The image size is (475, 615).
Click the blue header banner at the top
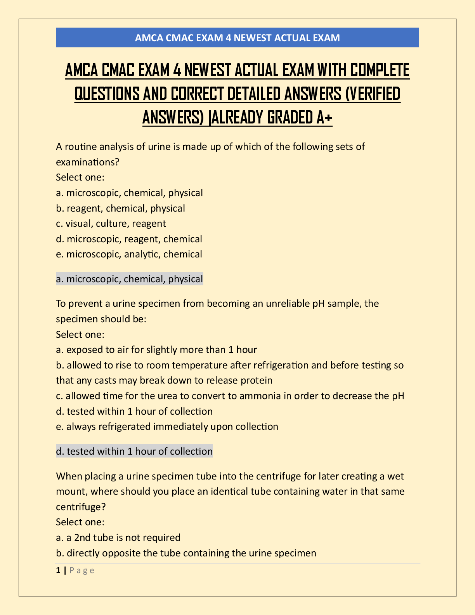point(237,38)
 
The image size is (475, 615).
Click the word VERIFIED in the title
point(373,94)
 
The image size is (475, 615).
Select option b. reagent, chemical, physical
point(120,208)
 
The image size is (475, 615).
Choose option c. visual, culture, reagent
point(111,224)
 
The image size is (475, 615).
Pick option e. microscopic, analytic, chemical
point(129,254)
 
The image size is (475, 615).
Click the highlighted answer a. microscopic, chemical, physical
point(129,279)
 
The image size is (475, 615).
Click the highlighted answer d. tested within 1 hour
point(134,452)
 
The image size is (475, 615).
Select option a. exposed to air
point(156,350)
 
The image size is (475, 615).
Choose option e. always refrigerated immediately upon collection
point(167,427)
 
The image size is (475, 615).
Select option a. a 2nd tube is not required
point(118,538)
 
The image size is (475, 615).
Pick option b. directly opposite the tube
point(186,553)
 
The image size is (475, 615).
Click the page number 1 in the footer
point(58,570)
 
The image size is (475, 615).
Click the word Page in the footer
point(82,570)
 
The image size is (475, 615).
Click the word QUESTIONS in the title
point(107,94)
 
